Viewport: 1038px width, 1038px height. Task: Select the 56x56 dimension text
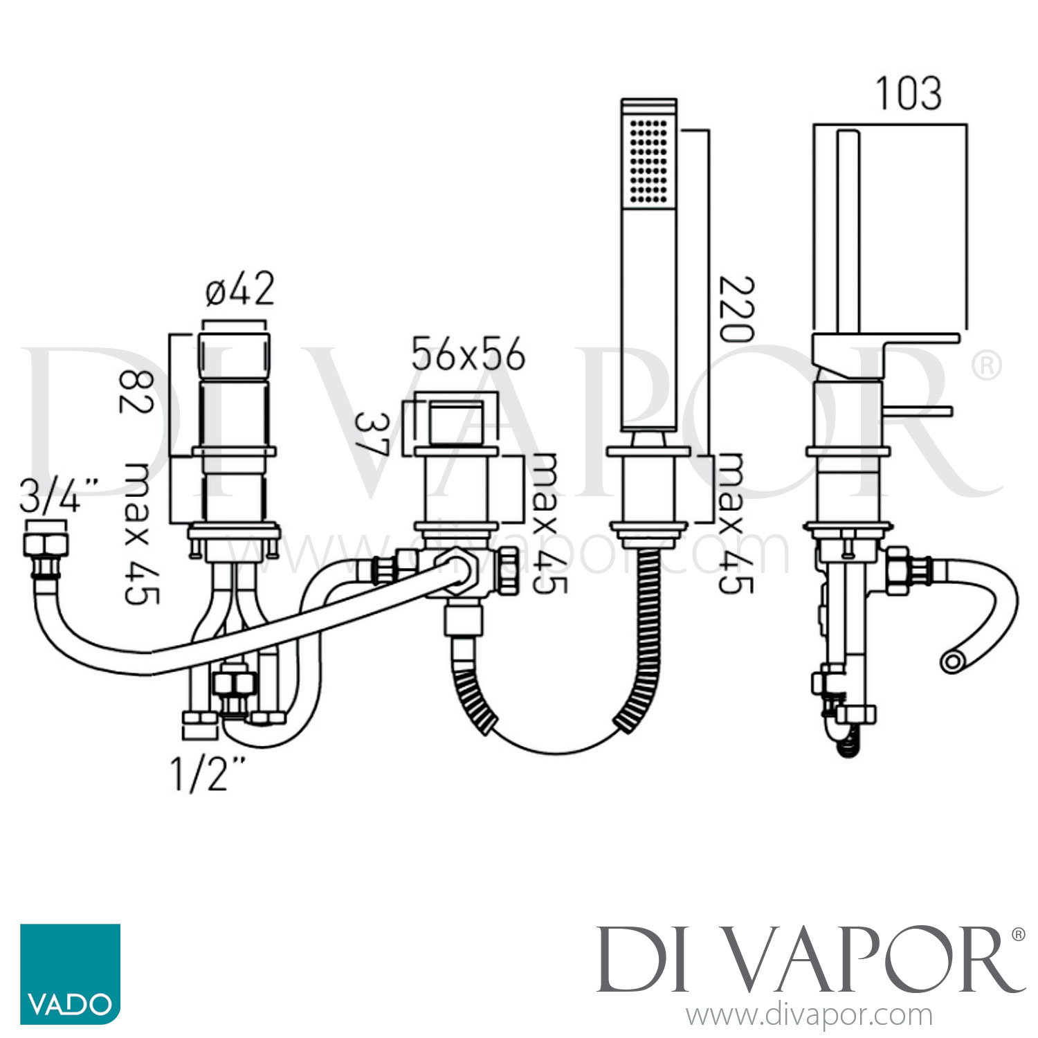click(x=468, y=355)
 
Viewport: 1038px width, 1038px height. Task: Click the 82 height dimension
click(x=136, y=392)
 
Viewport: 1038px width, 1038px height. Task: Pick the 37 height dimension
click(x=372, y=434)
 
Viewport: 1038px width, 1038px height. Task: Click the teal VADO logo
click(x=70, y=974)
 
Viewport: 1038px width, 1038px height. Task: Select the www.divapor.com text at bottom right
click(x=809, y=1016)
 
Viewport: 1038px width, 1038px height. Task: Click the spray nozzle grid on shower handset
click(x=649, y=161)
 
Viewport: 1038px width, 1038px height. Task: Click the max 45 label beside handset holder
click(x=735, y=523)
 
